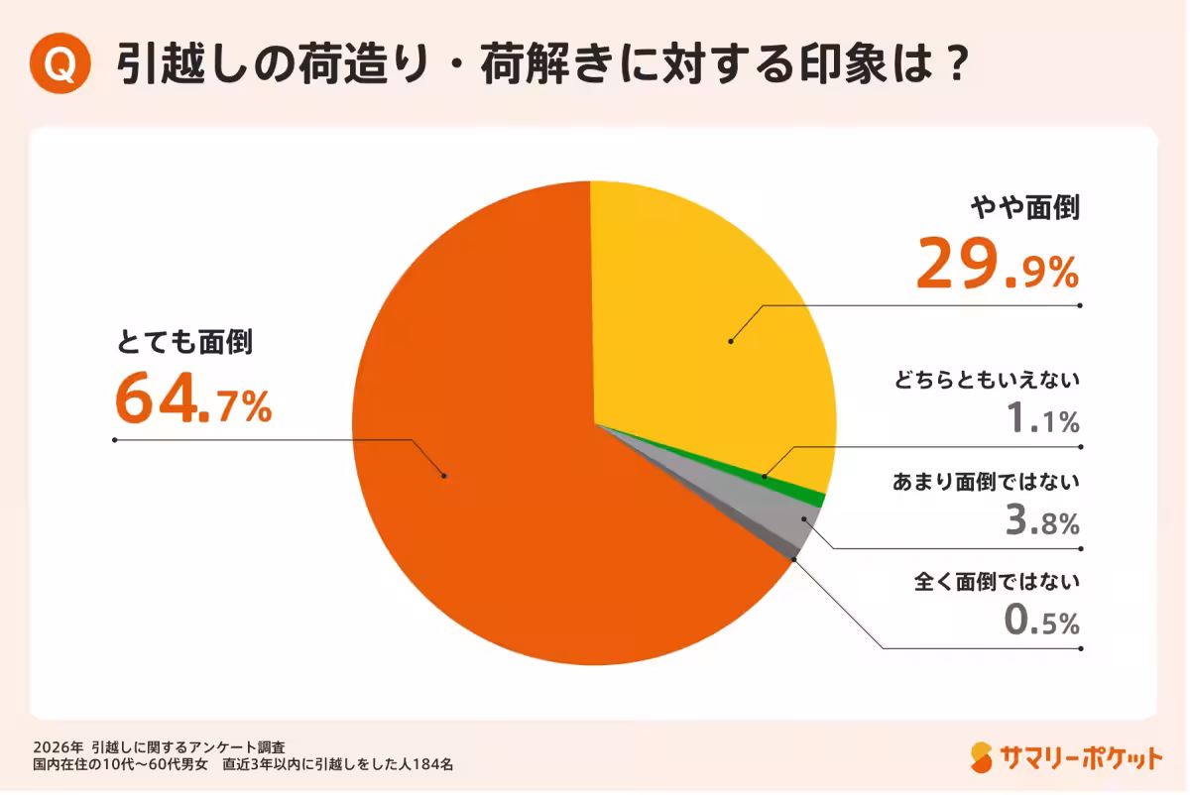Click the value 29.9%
coord(997,265)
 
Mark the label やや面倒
coord(1024,208)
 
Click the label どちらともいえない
coord(986,380)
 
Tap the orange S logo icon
coord(982,757)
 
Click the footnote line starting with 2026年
coord(159,745)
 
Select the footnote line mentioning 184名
coord(243,764)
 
